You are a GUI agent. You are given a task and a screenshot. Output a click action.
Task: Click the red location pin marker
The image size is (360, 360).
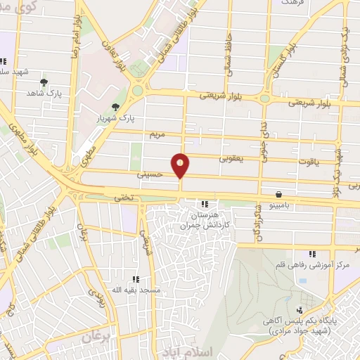click(181, 165)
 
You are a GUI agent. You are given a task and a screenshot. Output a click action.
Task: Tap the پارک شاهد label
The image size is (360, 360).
click(41, 92)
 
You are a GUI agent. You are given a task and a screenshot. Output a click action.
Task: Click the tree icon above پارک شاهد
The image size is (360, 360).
click(44, 82)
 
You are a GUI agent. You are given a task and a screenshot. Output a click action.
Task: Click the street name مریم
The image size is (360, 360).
click(156, 133)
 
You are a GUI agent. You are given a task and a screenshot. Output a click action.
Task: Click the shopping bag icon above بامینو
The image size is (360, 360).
click(280, 194)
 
